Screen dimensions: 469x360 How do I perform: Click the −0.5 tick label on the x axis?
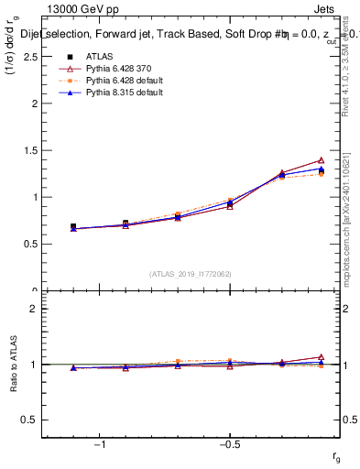(x=228, y=444)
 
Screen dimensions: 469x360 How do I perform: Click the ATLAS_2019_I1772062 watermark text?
(x=191, y=273)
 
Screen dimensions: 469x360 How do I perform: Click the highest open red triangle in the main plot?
(x=321, y=160)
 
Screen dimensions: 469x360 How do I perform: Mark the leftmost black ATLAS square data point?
(x=73, y=226)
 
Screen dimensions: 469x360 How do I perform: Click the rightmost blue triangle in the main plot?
(x=321, y=169)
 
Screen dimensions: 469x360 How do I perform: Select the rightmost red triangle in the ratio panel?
(x=321, y=357)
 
